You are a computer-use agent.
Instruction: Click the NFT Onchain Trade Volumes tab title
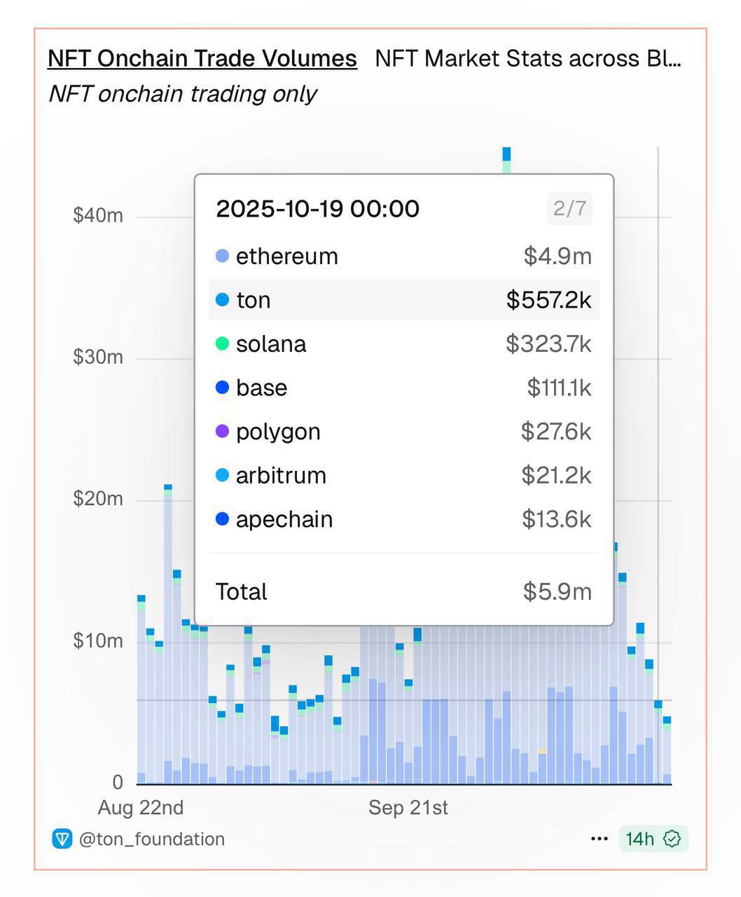click(202, 58)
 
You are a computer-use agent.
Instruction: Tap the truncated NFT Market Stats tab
click(528, 58)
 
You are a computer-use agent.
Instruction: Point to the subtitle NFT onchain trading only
click(183, 94)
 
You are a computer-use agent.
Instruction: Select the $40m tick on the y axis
click(98, 215)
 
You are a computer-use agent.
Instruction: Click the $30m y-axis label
click(98, 357)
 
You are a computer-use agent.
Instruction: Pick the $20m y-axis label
click(98, 498)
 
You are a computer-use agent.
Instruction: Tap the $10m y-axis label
click(98, 641)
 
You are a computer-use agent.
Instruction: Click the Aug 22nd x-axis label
click(141, 807)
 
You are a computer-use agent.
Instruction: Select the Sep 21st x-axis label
click(408, 807)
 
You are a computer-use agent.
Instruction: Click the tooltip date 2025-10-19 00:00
click(318, 209)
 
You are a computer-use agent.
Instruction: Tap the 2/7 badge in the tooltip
click(569, 209)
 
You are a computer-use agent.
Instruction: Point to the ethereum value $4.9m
click(558, 256)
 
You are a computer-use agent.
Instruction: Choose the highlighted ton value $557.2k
click(549, 300)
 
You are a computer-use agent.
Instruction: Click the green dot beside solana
click(222, 343)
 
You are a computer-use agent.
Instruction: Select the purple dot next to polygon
click(222, 431)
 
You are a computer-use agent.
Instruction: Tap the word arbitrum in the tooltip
click(282, 476)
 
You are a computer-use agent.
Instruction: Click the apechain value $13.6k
click(557, 519)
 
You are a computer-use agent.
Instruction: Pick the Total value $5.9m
click(558, 592)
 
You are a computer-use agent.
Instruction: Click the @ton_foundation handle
click(152, 839)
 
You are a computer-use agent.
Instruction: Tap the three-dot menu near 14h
click(600, 839)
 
